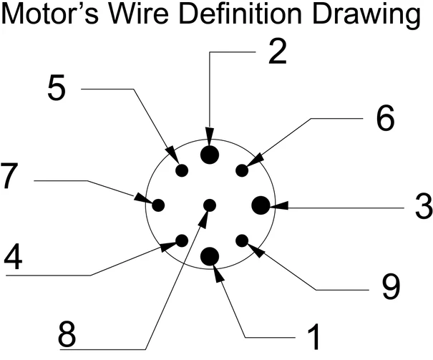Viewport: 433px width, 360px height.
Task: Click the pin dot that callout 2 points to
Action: coord(210,155)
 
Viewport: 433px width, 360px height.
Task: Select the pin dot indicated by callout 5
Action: coord(182,170)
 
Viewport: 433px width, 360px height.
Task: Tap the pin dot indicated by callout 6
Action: coord(242,170)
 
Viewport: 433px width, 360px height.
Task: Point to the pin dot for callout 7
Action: coord(159,205)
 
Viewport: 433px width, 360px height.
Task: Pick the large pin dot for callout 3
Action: coord(261,205)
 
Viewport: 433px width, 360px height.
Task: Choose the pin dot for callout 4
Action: coord(182,240)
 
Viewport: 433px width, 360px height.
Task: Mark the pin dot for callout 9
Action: coord(242,240)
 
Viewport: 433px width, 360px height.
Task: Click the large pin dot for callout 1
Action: coord(210,256)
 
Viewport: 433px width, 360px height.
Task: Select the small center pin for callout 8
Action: coord(210,205)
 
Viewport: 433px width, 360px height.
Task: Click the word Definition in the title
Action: coord(266,15)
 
